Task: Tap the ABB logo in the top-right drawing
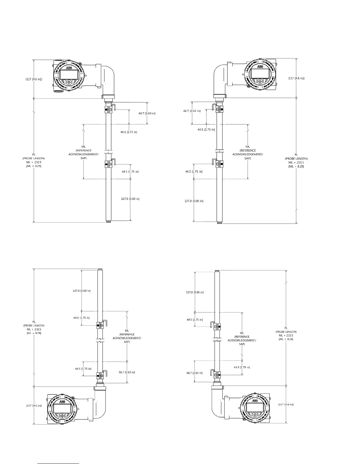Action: pos(260,67)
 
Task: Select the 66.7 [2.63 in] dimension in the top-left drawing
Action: pos(147,113)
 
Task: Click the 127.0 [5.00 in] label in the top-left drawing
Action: pos(130,199)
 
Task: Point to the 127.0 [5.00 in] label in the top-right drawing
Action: pos(194,201)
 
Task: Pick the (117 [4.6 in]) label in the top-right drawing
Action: pos(296,78)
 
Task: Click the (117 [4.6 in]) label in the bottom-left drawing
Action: pos(34,405)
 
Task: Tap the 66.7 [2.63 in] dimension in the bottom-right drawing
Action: pos(194,373)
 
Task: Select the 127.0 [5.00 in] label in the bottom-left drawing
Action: pos(81,291)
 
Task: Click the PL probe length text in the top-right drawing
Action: pos(296,160)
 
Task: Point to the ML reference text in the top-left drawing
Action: pos(84,152)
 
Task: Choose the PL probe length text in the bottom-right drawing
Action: pos(286,334)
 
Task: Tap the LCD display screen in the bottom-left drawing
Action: pos(62,408)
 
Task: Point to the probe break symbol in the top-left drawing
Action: pos(109,153)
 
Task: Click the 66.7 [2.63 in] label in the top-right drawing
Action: pos(192,111)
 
